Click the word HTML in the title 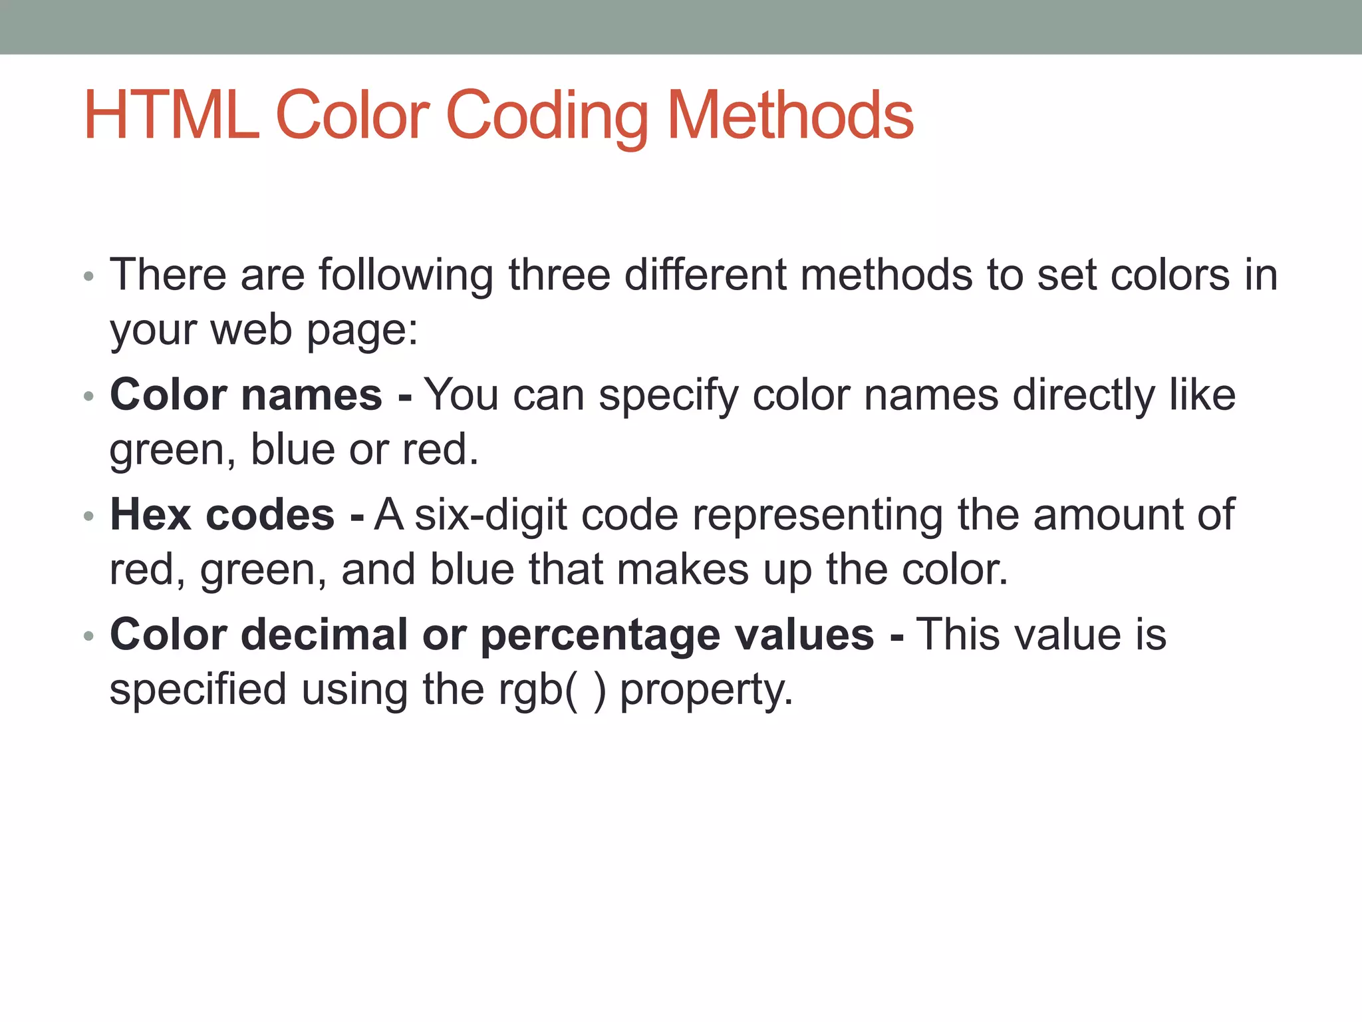171,116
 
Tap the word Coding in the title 547,116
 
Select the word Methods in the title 790,116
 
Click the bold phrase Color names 246,395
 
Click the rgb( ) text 553,689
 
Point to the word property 706,690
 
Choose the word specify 668,396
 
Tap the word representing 817,516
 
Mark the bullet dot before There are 89,276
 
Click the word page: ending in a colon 362,331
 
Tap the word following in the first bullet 406,275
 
